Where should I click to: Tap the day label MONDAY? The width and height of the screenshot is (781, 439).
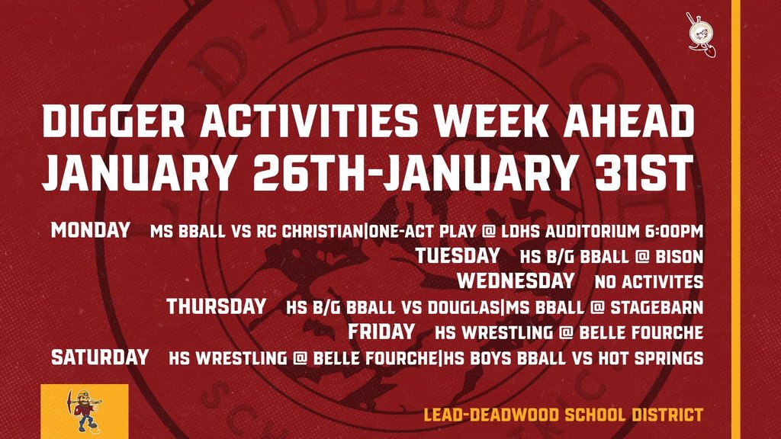point(90,230)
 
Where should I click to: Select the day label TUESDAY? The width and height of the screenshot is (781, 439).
point(458,255)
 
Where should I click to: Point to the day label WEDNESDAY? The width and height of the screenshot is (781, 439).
point(515,281)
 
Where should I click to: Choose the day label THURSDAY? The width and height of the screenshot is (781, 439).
point(217,307)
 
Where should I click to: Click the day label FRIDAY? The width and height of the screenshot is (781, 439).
point(381,332)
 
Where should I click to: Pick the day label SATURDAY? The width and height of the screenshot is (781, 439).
point(100,357)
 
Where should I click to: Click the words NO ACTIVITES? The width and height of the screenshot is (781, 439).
point(648,282)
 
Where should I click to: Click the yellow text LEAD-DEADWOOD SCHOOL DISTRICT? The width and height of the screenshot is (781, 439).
point(562,415)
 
